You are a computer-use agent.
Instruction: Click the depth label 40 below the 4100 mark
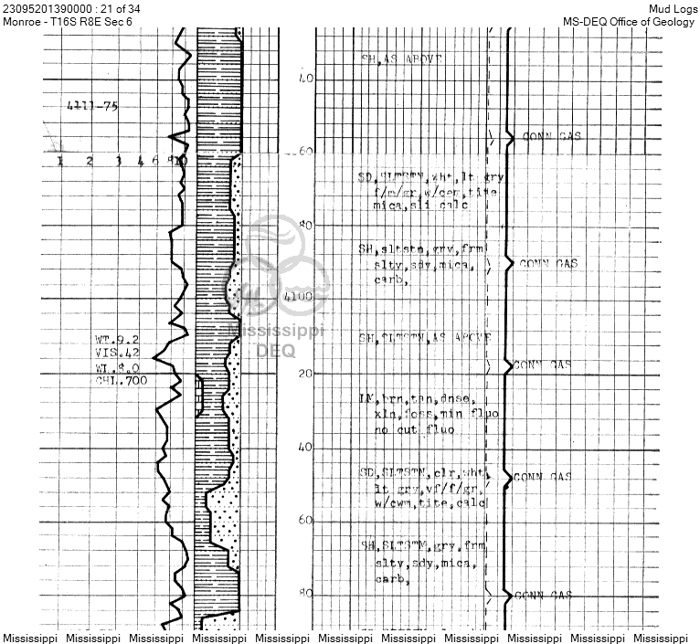(305, 447)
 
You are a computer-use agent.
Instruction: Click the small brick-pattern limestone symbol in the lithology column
(199, 397)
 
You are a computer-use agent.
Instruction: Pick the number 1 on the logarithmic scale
(60, 162)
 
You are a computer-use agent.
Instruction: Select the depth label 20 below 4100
(305, 374)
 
